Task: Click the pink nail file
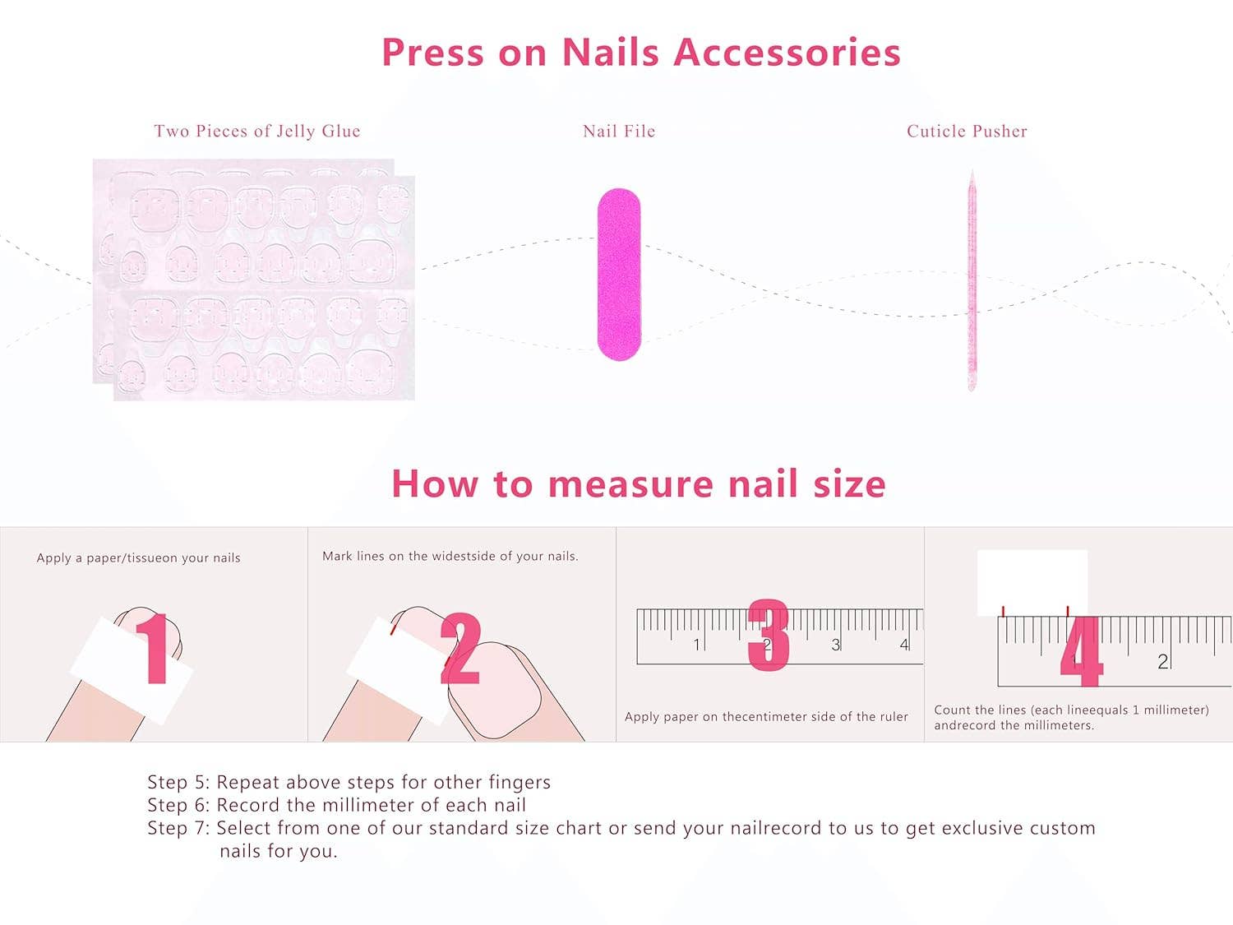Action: pyautogui.click(x=618, y=275)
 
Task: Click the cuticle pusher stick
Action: pyautogui.click(x=972, y=280)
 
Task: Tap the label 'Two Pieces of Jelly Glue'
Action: pyautogui.click(x=256, y=131)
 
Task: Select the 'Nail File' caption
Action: pyautogui.click(x=618, y=131)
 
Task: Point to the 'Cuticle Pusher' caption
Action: pyautogui.click(x=967, y=131)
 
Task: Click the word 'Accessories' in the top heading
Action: pyautogui.click(x=787, y=53)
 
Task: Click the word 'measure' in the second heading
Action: pyautogui.click(x=630, y=483)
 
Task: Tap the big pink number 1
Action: pyautogui.click(x=153, y=650)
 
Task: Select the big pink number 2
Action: pyautogui.click(x=460, y=650)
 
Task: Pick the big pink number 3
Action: pyautogui.click(x=769, y=635)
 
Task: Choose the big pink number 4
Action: pyautogui.click(x=1080, y=651)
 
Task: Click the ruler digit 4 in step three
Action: pyautogui.click(x=904, y=645)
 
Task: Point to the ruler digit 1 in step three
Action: pyautogui.click(x=697, y=645)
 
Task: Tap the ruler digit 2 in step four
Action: pyautogui.click(x=1162, y=661)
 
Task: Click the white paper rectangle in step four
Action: pyautogui.click(x=1032, y=580)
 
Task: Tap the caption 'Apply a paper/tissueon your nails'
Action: pyautogui.click(x=138, y=557)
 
